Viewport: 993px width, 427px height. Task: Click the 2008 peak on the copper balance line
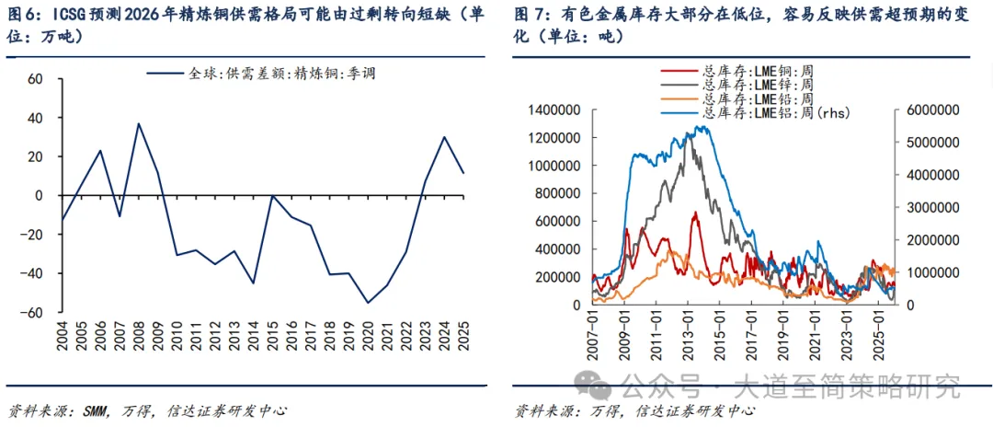click(139, 123)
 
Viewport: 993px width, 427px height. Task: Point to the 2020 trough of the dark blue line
click(369, 303)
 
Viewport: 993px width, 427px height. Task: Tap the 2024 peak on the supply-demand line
click(445, 137)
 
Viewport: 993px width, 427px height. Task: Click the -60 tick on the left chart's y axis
click(34, 313)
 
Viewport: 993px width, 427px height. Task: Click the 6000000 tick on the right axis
click(930, 110)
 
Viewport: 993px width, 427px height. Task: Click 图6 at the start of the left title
click(19, 14)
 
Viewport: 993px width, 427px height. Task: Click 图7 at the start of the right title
click(528, 14)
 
